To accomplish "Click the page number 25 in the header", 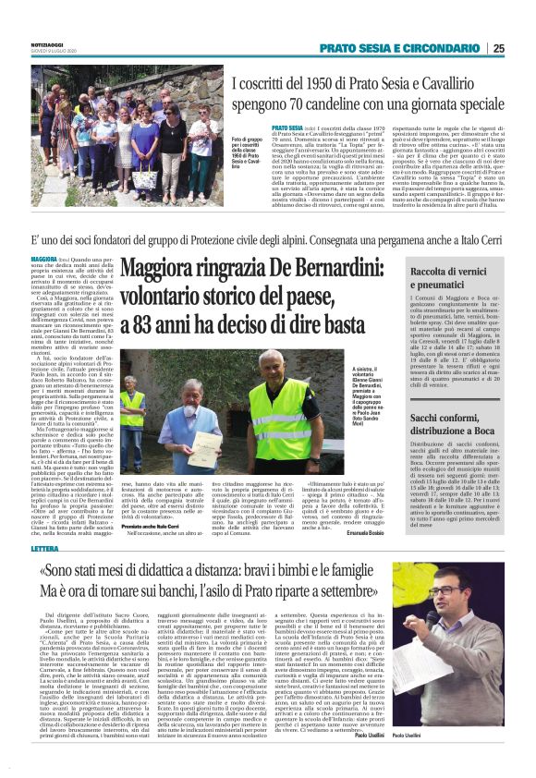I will (524, 48).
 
